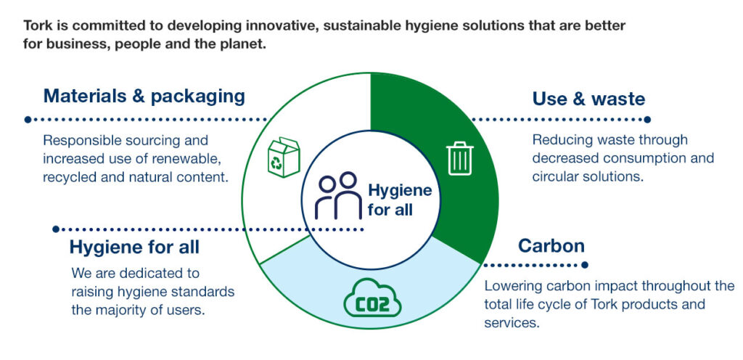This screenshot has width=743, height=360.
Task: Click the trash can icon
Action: (459, 158)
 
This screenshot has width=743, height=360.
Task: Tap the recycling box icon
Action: (284, 157)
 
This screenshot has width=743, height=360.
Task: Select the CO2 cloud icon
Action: (372, 298)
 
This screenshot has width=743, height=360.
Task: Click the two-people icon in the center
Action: (340, 195)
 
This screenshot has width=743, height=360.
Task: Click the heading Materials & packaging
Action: (144, 96)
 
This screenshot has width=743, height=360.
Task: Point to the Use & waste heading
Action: (588, 99)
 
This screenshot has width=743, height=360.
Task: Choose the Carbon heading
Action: (551, 246)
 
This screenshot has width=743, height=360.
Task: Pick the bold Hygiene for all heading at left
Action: (134, 247)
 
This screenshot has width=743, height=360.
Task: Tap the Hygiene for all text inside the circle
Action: (400, 200)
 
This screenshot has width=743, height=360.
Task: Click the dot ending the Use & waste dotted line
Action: (647, 120)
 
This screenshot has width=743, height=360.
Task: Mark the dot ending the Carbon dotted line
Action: (584, 265)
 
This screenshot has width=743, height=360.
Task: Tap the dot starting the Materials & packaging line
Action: (28, 120)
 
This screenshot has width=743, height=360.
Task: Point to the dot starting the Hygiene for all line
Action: (56, 229)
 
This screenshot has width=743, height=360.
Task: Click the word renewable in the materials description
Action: (190, 158)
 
